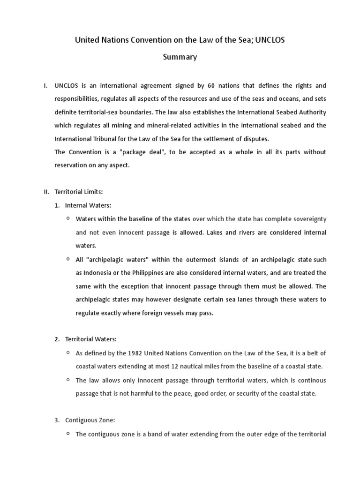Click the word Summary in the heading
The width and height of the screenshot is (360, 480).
(180, 57)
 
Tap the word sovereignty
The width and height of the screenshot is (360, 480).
(308, 219)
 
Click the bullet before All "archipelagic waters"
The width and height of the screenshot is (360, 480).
(68, 259)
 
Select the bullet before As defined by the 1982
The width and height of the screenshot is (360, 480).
(68, 352)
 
